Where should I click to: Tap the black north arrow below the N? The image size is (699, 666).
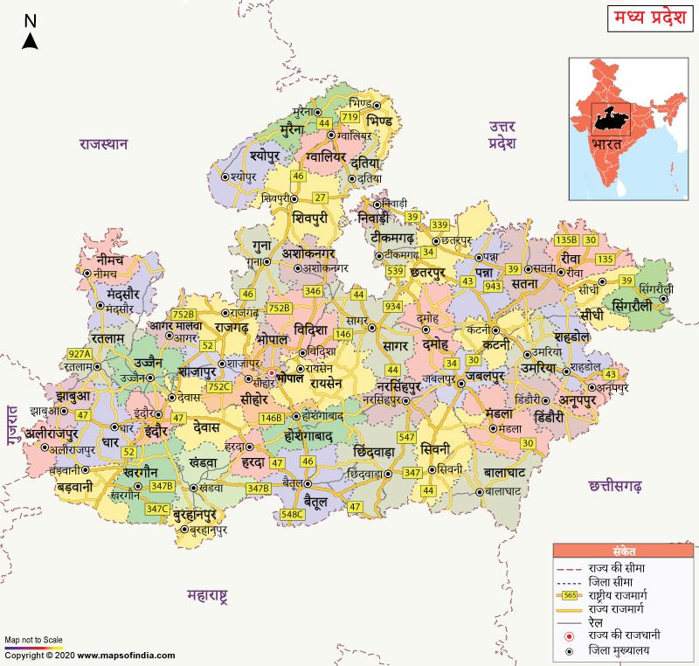coord(29,39)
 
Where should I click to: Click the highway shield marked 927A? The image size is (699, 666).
coord(80,354)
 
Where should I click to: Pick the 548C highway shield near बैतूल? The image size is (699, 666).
coord(294,514)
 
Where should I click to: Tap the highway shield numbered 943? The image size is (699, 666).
coord(493,286)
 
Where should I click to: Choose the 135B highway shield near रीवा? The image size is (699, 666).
coord(567,239)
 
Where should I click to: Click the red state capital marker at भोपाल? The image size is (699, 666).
coord(271,373)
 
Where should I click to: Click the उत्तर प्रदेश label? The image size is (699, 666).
coord(503,135)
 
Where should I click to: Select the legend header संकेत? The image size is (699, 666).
coord(625,552)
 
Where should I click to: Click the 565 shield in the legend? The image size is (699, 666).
coord(570,594)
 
